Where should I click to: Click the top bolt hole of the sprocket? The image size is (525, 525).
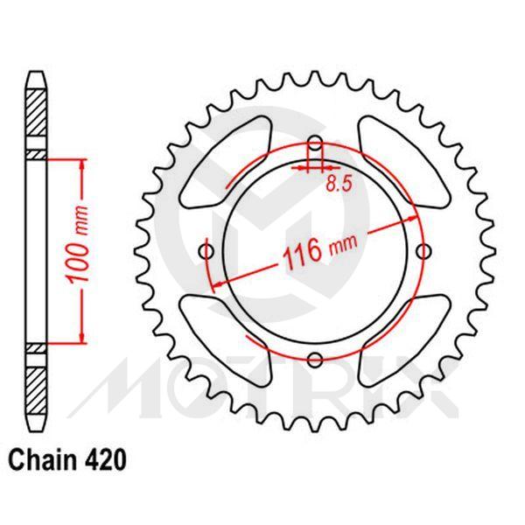(316, 145)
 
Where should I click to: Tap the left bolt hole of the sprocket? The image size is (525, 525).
(207, 252)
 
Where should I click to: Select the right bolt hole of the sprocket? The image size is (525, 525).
(424, 252)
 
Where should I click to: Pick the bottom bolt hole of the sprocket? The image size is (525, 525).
(316, 358)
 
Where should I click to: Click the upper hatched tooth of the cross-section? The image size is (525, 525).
(34, 108)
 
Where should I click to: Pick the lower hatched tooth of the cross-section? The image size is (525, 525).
(34, 389)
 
